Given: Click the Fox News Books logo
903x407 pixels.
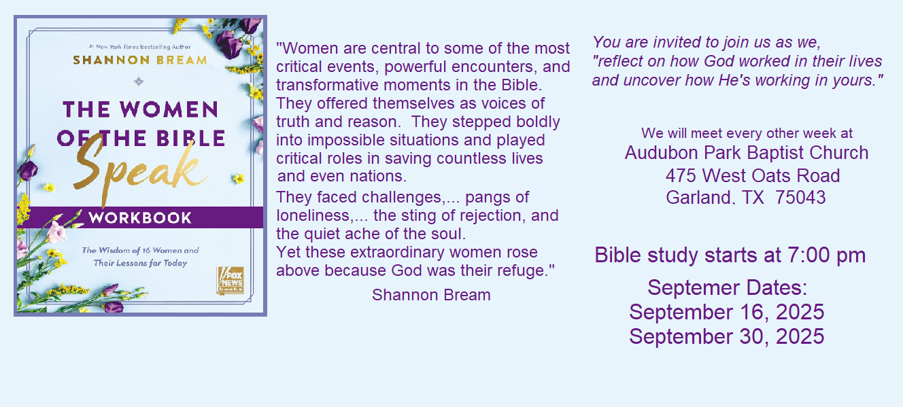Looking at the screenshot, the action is click(x=231, y=281).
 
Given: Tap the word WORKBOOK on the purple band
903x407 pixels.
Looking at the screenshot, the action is click(x=140, y=218).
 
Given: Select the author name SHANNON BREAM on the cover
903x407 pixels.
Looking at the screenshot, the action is click(x=140, y=60).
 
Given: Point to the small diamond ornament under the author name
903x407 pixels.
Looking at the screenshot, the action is click(x=139, y=82).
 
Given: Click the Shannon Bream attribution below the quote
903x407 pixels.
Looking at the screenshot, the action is click(x=431, y=295).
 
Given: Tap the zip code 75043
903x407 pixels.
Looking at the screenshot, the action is click(x=800, y=198).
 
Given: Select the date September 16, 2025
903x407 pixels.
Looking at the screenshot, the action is click(x=727, y=312).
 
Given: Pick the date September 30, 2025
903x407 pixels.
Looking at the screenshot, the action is click(x=727, y=336).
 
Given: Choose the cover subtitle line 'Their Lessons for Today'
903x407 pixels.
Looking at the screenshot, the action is click(x=140, y=263).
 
